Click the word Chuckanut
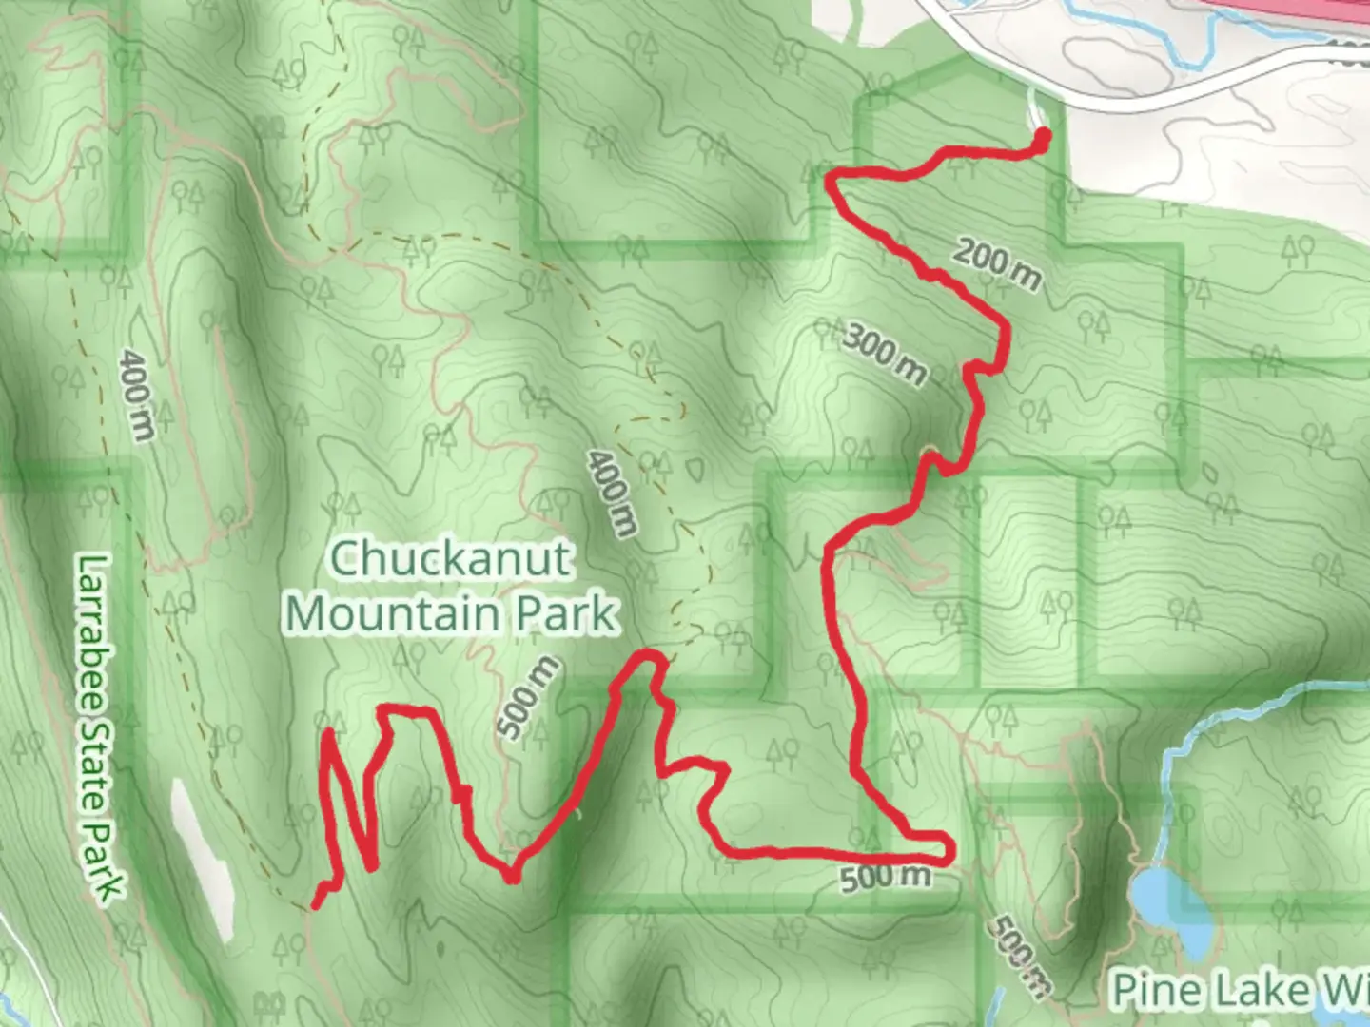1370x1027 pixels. coord(450,558)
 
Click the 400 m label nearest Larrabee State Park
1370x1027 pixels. coord(138,395)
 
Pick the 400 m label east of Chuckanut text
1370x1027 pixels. coord(611,494)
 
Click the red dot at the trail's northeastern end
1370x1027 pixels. coord(1041,139)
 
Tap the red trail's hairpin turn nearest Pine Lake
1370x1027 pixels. coord(946,846)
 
